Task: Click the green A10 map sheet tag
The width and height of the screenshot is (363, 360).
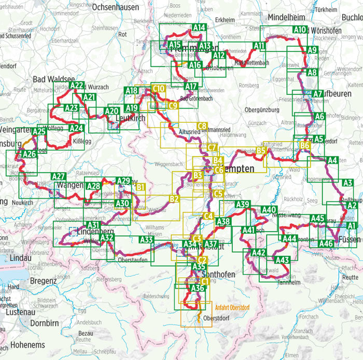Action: pos(300,30)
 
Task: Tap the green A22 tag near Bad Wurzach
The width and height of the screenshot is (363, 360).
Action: pos(76,85)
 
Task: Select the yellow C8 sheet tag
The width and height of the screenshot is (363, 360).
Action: pos(202,126)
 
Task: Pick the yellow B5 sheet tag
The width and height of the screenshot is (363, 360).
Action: pos(261,151)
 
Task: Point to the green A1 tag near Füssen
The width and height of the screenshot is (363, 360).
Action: pos(352,225)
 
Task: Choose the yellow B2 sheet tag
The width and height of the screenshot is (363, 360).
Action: pos(174,198)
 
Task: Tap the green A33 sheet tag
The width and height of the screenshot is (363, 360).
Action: pos(147,240)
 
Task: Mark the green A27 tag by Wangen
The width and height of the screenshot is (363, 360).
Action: pos(59,177)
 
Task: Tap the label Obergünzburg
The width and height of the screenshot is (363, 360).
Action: pos(264,109)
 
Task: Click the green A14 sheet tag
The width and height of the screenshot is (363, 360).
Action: pos(199,27)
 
